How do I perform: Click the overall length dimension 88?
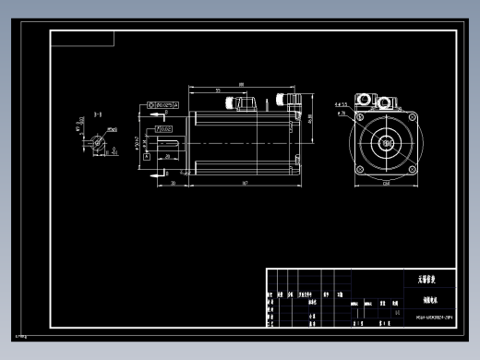click(x=241, y=85)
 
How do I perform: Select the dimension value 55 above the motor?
click(x=217, y=91)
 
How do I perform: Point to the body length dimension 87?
click(x=244, y=185)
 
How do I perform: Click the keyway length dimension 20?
click(x=179, y=158)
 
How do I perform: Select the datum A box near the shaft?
click(x=147, y=159)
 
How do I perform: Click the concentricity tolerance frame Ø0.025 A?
click(x=163, y=105)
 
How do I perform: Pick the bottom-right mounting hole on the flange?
click(x=411, y=170)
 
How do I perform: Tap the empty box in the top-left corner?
click(x=82, y=38)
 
